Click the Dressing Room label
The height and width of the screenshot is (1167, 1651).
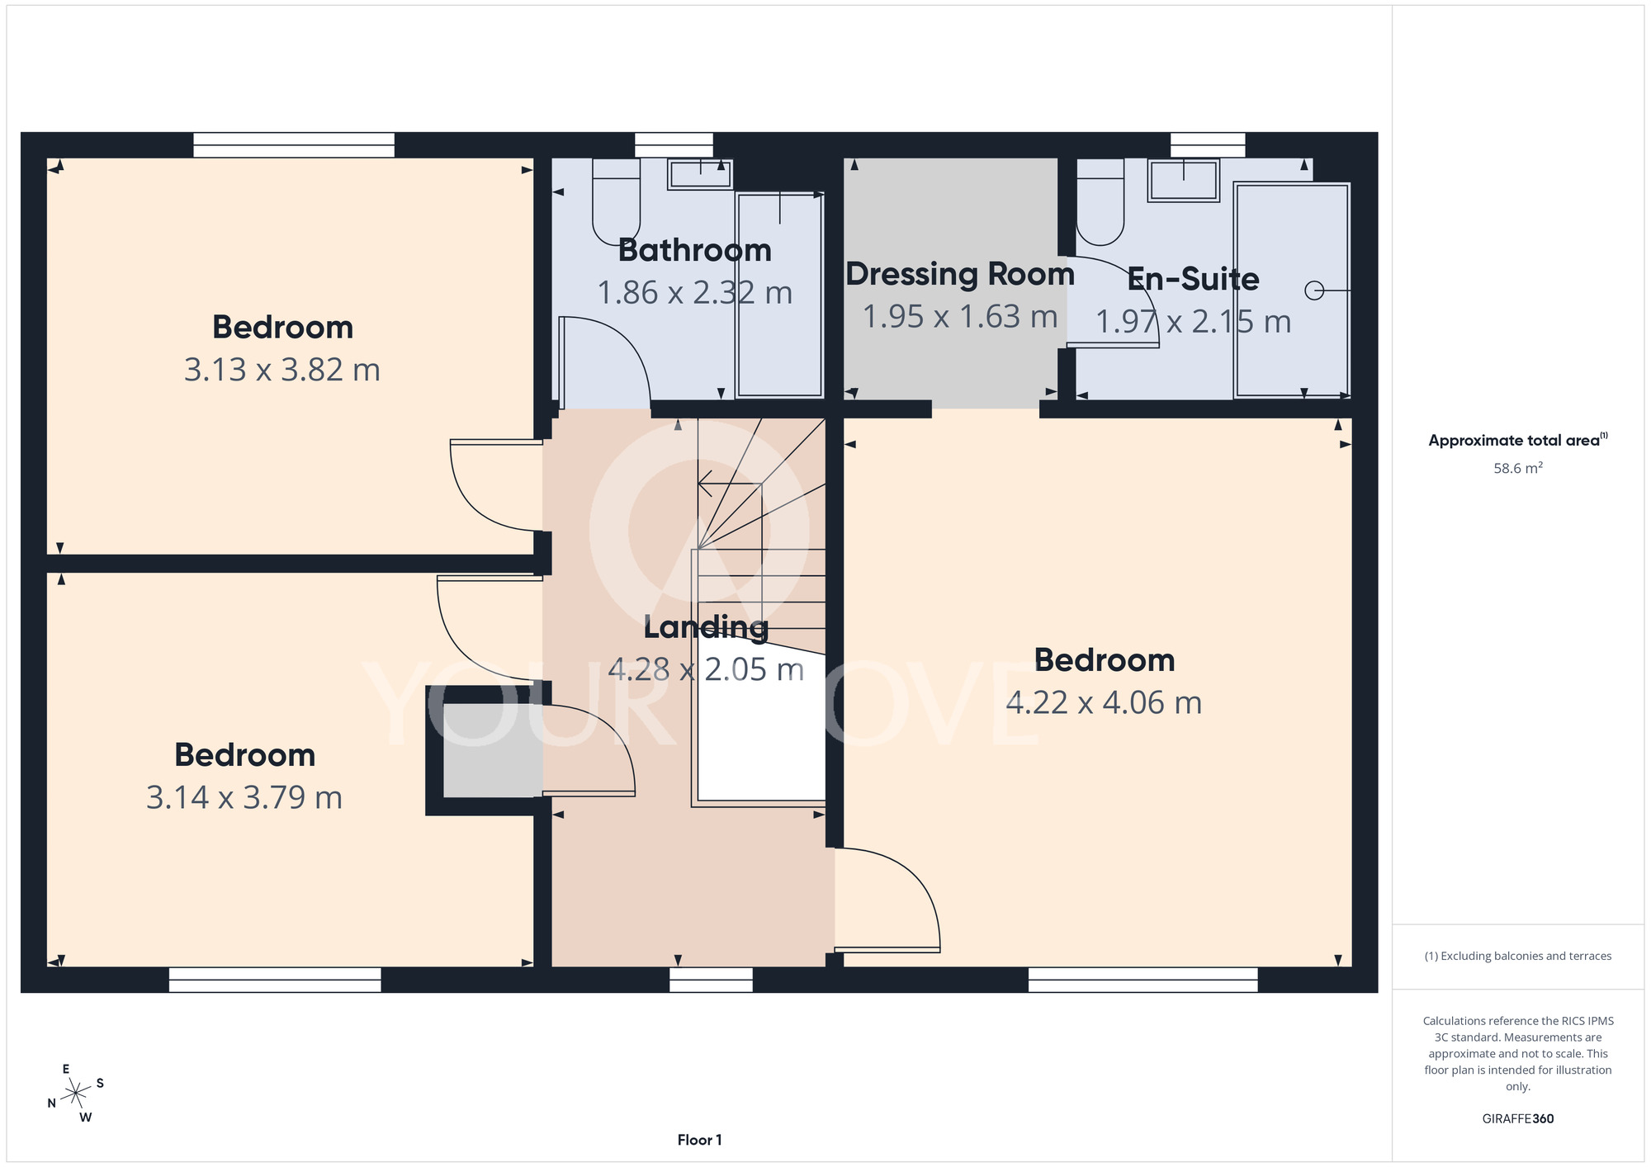click(x=960, y=274)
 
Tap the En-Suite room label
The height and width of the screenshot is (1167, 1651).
click(x=1193, y=279)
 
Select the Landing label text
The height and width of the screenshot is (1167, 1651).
click(x=706, y=628)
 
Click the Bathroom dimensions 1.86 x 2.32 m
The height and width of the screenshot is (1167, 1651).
click(x=694, y=293)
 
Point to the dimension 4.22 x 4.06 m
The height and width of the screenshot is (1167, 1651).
click(x=1104, y=702)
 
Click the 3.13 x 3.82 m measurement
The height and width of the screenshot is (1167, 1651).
click(x=282, y=370)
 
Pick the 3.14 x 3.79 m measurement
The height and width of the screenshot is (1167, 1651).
click(x=244, y=797)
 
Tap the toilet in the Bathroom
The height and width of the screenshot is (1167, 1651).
click(x=617, y=201)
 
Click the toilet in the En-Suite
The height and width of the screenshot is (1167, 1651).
click(x=1100, y=201)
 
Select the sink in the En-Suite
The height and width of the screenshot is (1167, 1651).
click(x=1185, y=180)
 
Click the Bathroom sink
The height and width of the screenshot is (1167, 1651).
click(x=700, y=174)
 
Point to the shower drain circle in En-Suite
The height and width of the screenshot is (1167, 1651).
click(x=1314, y=291)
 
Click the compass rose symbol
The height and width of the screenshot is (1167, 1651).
click(x=76, y=1094)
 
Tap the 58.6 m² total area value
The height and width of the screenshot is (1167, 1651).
click(x=1518, y=468)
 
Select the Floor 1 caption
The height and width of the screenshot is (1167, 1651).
click(x=699, y=1140)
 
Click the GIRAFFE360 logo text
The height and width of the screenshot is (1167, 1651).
click(x=1518, y=1119)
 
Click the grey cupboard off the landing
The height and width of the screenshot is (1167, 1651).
click(x=493, y=750)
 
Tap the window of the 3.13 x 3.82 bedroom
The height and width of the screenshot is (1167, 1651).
click(x=294, y=145)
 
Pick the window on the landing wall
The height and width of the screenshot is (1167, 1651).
click(x=711, y=980)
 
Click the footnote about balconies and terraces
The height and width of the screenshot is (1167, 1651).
click(x=1518, y=956)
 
